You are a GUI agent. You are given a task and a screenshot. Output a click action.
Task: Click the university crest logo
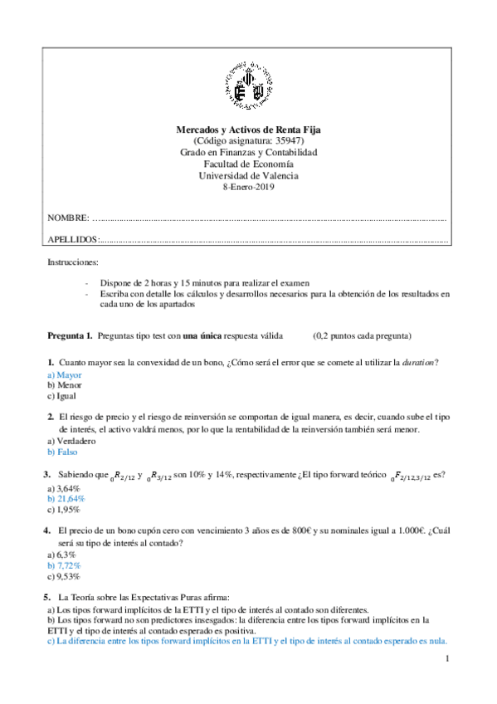pos(248,87)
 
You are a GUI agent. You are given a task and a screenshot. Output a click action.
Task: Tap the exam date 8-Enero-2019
pos(248,187)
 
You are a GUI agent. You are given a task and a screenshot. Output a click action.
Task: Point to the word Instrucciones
pos(73,262)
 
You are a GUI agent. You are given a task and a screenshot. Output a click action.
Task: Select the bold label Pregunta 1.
pos(70,336)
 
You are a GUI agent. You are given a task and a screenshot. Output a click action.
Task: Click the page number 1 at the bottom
pos(446,659)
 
